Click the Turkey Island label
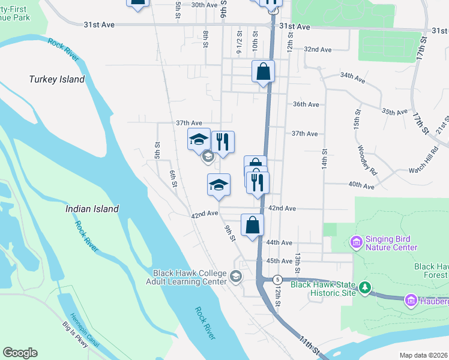point(57,79)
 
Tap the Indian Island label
point(92,209)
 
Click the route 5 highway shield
point(277,280)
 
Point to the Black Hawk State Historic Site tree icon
point(364,289)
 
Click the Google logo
point(20,353)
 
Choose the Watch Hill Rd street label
point(424,163)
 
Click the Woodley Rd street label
point(367,159)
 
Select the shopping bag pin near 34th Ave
point(263,73)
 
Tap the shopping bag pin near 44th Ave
point(253,226)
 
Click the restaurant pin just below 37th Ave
point(223,142)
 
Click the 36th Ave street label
point(306,104)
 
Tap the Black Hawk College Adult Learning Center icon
point(236,277)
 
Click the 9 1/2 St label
point(239,42)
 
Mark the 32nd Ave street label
point(318,49)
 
